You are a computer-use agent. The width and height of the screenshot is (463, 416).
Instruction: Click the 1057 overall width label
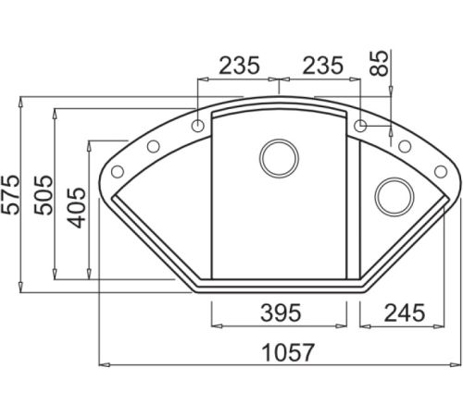(x=288, y=352)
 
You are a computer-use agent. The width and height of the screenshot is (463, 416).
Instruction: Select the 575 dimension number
(x=9, y=194)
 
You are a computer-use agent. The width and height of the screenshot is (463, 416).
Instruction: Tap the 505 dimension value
(x=44, y=195)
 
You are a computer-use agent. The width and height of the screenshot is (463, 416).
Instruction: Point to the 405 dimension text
(x=77, y=208)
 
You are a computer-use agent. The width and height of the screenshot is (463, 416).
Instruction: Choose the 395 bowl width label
(x=281, y=312)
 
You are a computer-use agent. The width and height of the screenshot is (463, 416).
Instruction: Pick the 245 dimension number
(x=405, y=312)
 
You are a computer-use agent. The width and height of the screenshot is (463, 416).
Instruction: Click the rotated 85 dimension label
(x=379, y=64)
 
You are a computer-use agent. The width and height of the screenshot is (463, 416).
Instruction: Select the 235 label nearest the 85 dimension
(x=322, y=66)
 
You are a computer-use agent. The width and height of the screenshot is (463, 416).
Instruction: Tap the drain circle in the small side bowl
(x=394, y=196)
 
